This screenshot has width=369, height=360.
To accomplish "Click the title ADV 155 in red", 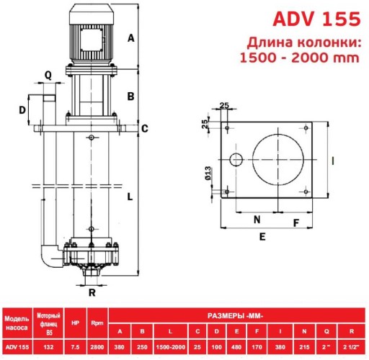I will [302, 19].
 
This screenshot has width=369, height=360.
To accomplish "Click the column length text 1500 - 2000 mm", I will [298, 57].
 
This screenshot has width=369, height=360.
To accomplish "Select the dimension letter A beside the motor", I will [131, 38].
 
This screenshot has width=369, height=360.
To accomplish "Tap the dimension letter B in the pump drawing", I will [131, 96].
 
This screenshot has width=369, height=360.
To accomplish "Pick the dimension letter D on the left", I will [22, 109].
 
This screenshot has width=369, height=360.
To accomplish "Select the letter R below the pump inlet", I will [92, 292].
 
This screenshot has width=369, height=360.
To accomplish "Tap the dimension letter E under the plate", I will [263, 236].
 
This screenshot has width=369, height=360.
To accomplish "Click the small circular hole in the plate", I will [234, 159].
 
